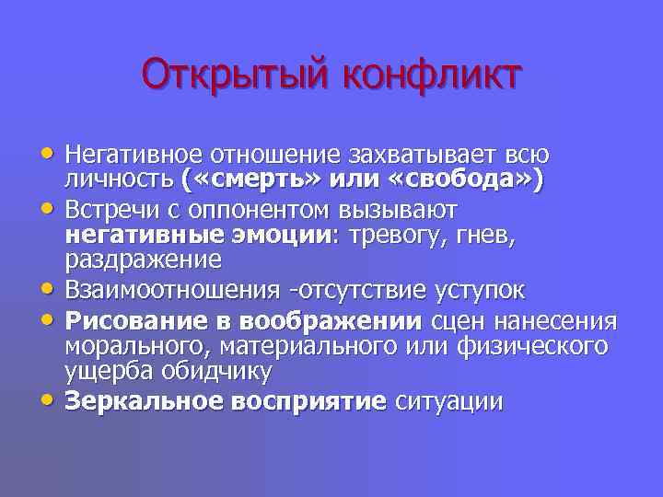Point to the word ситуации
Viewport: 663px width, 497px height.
tap(448, 402)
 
